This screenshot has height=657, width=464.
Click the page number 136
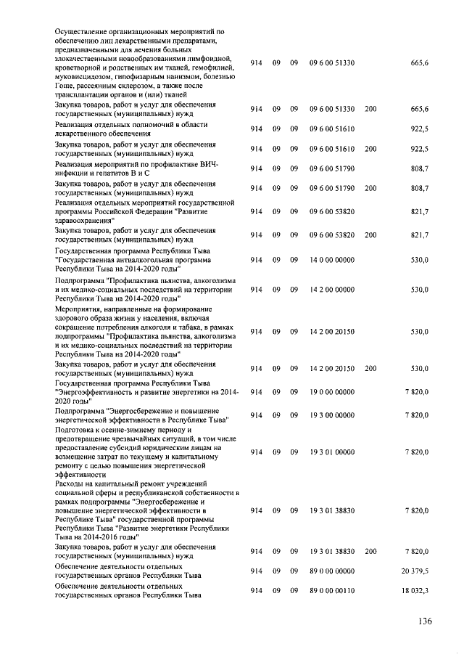(x=424, y=621)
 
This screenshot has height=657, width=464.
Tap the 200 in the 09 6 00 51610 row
(x=370, y=149)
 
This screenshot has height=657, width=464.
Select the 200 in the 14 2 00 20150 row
(x=370, y=369)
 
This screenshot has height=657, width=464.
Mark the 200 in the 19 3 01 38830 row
(x=370, y=552)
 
